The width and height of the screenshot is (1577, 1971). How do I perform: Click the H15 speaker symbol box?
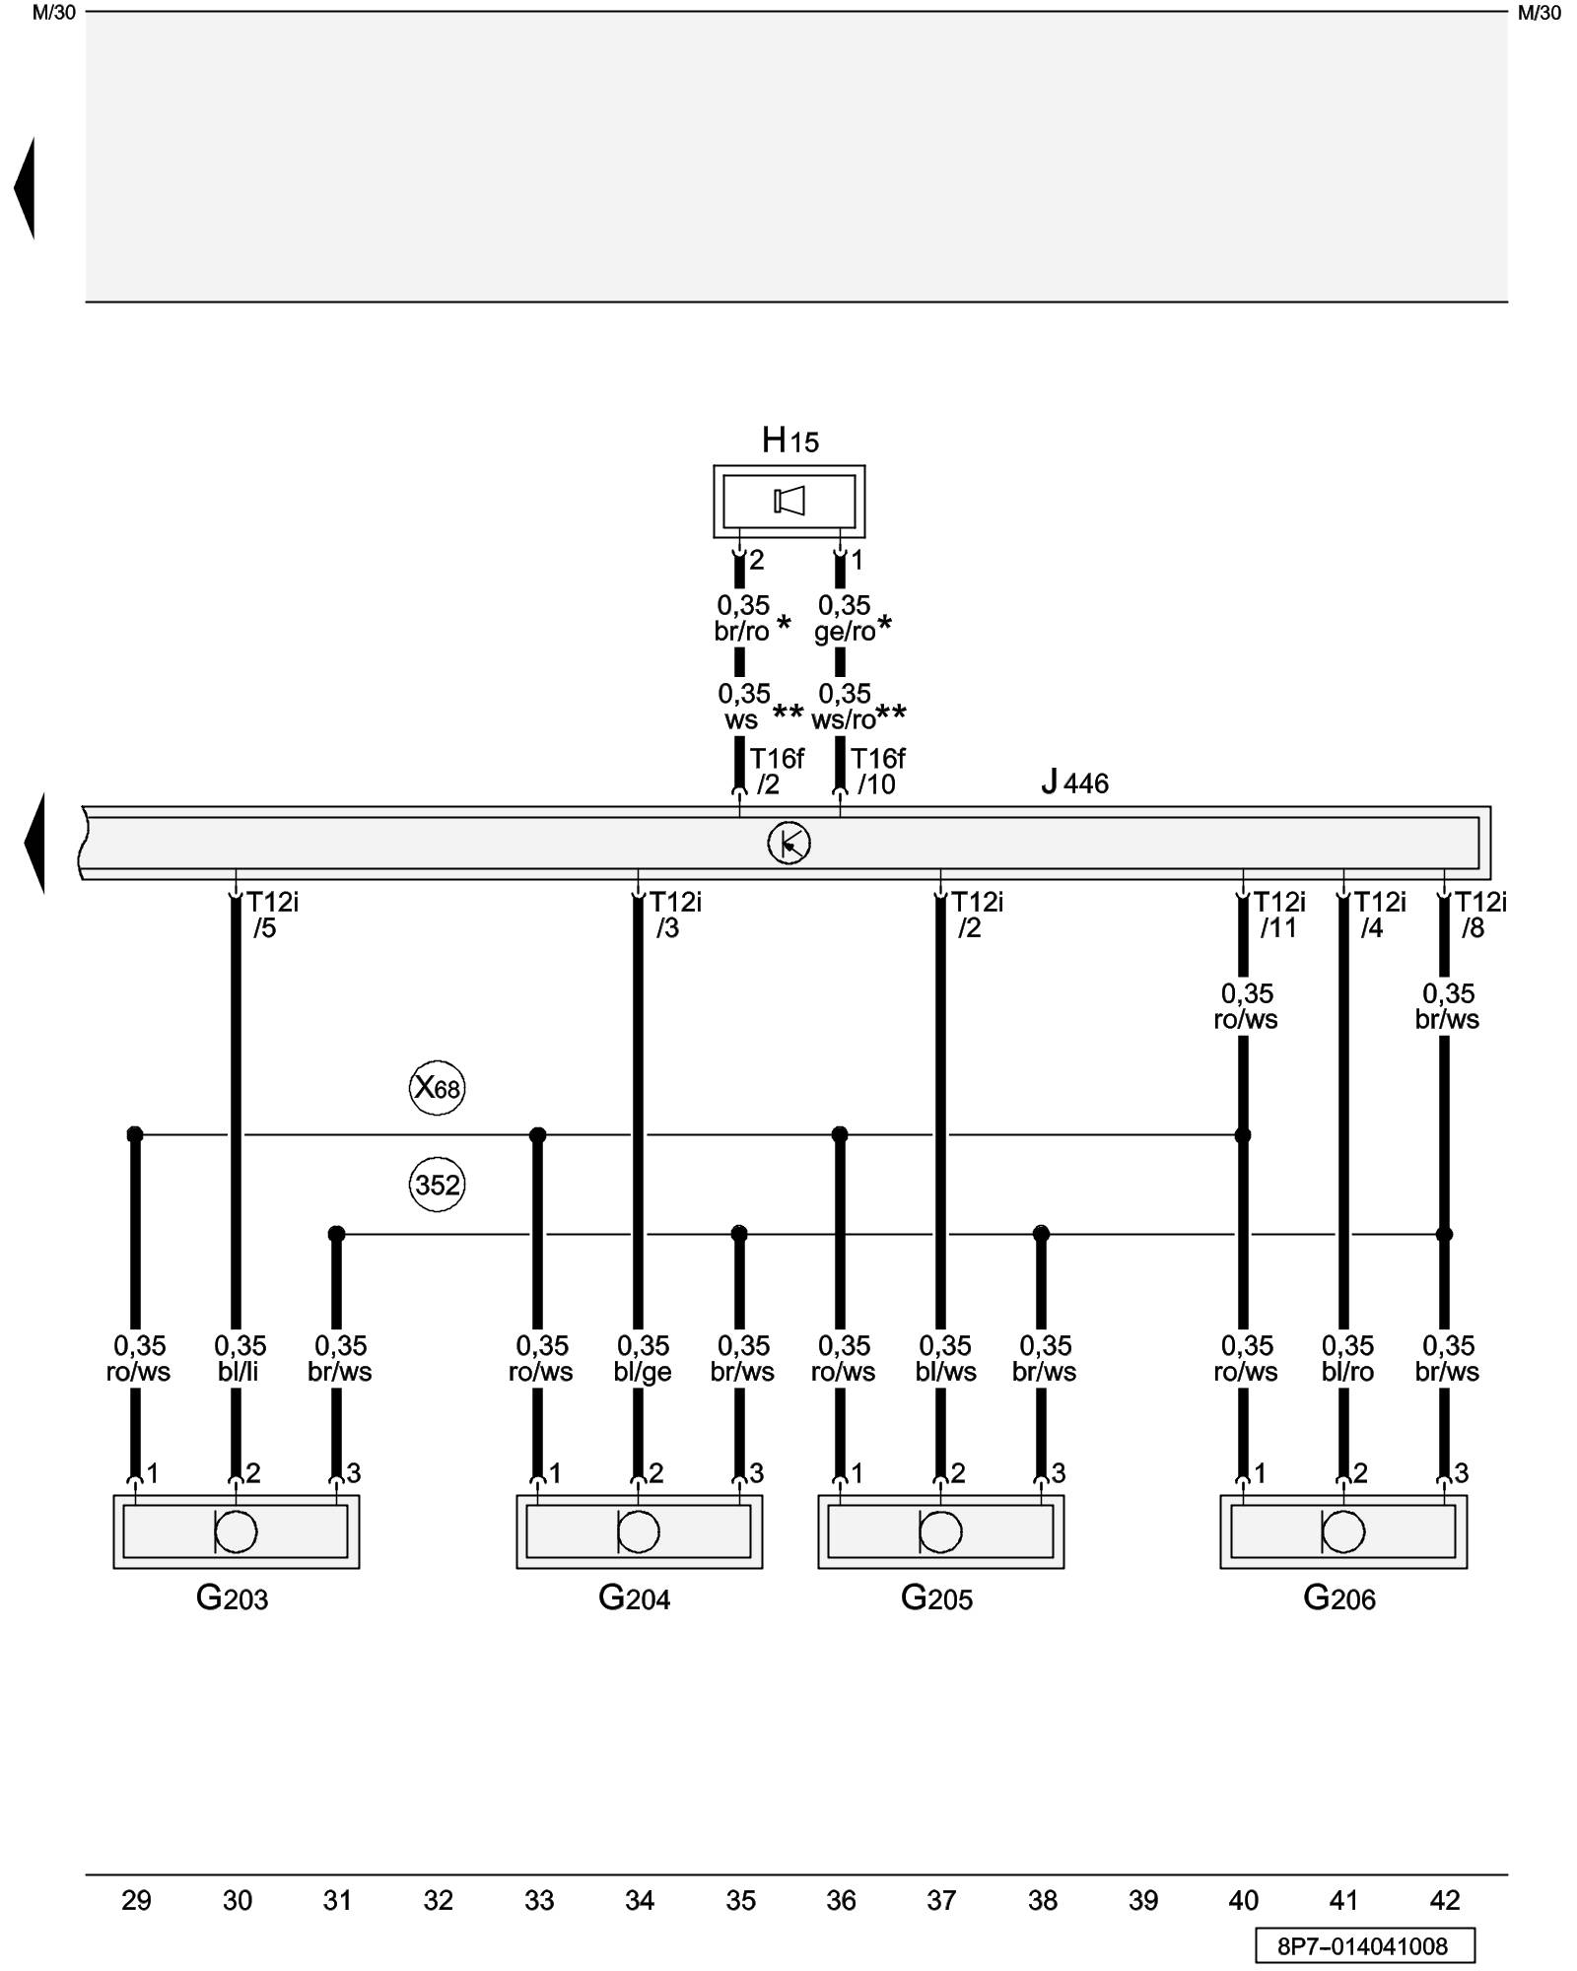coord(788,502)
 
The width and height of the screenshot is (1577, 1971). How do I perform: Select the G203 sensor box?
coord(236,1531)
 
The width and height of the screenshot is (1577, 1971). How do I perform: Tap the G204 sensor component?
coord(639,1531)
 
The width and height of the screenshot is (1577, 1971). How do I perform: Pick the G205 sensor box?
coord(940,1531)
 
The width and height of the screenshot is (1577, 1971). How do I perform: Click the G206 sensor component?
coord(1343,1531)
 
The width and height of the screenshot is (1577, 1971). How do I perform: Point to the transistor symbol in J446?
coord(788,844)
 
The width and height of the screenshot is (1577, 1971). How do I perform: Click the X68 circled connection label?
coord(437,1088)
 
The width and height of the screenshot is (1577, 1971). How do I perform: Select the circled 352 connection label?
coord(437,1185)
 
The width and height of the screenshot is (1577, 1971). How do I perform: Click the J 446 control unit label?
coord(1074,783)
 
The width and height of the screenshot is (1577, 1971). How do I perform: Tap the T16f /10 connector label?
coord(876,772)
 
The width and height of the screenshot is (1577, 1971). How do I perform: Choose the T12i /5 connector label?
coord(271,916)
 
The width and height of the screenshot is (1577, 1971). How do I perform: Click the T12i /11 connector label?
coord(1278,916)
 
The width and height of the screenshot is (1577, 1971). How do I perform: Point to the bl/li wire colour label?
coord(239,1372)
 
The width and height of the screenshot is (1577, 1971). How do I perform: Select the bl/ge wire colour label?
coord(643,1372)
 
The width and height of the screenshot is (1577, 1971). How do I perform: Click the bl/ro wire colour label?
coord(1347,1372)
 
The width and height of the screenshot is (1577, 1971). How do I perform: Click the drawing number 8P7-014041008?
coord(1364,1946)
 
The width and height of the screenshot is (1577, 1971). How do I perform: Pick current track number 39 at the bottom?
coord(1142,1900)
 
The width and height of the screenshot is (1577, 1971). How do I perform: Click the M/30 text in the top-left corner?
coord(53,13)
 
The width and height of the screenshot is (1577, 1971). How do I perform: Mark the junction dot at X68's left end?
coord(135,1135)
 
